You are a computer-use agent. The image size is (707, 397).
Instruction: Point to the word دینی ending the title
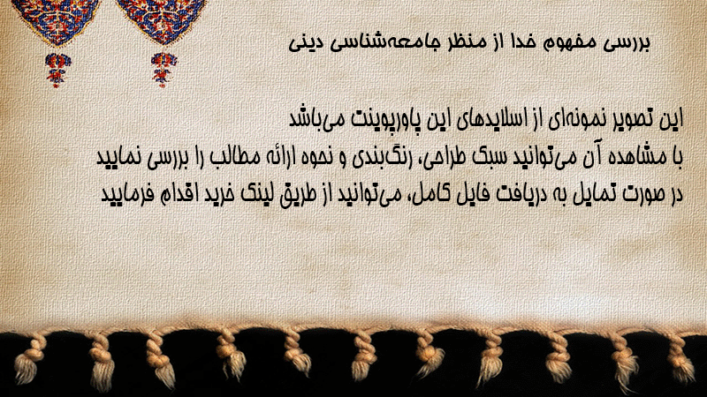click(306, 43)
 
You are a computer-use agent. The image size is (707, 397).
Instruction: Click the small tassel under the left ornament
click(57, 70)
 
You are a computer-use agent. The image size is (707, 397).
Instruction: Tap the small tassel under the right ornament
click(163, 70)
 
